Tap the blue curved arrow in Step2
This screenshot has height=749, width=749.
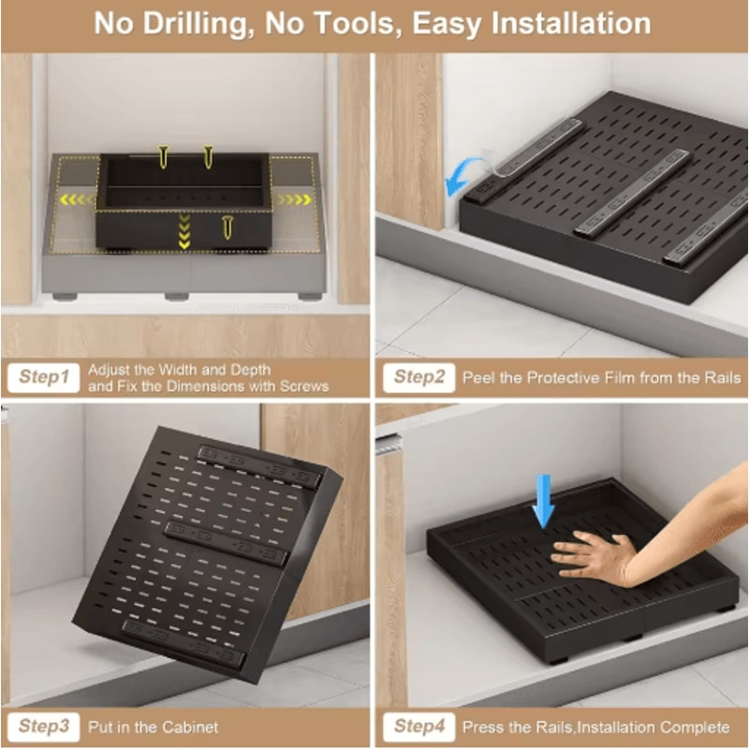coord(465,176)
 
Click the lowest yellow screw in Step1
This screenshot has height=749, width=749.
coord(228,227)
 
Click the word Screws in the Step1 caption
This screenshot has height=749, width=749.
coord(305,386)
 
